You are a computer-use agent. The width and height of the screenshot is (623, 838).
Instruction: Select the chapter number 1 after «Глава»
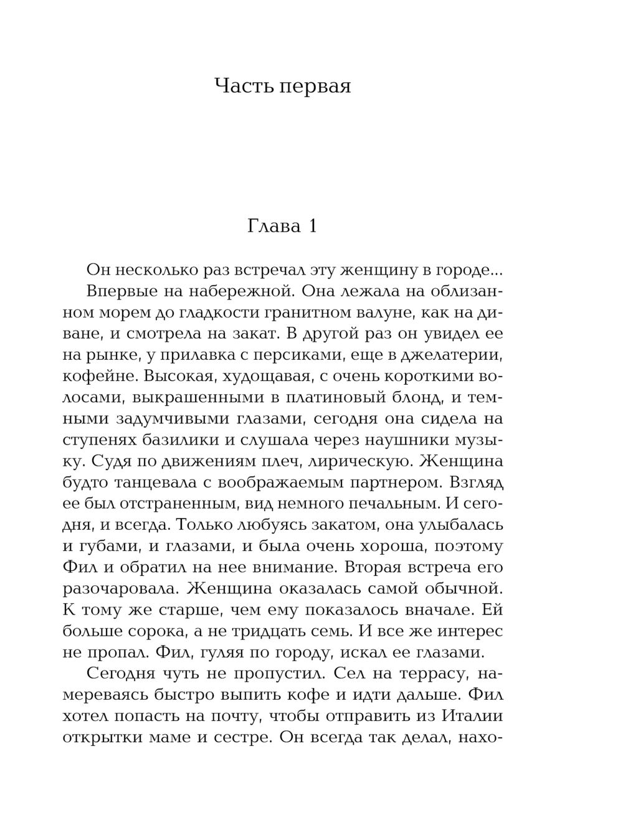coord(311,226)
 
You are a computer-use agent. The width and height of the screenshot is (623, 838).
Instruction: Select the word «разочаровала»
coord(114,588)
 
